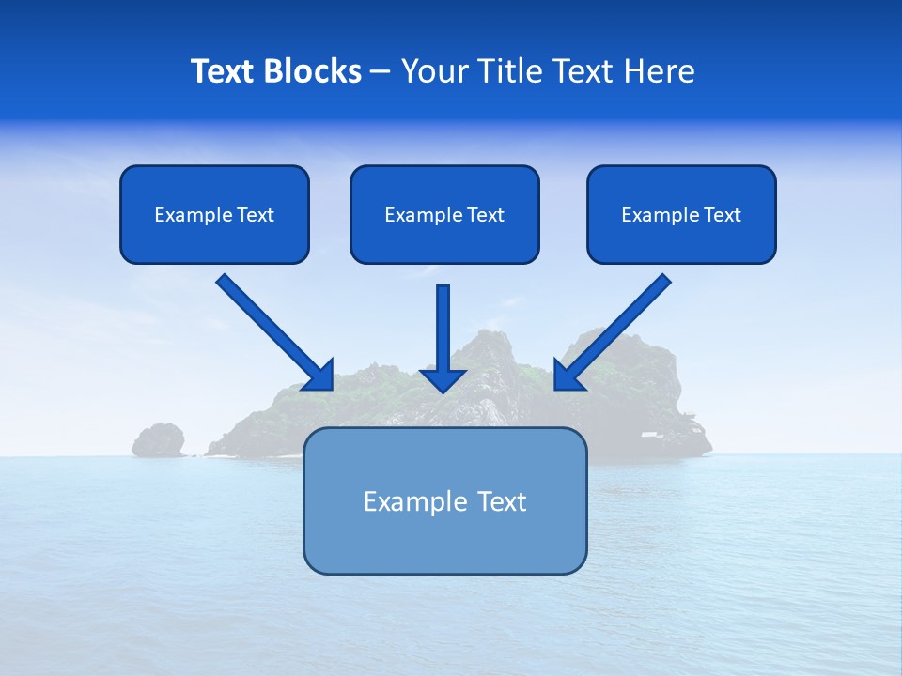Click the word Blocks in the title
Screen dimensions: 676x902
(311, 71)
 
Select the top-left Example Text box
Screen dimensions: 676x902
(214, 214)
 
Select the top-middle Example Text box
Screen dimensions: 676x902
(444, 214)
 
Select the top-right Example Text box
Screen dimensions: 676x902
(681, 214)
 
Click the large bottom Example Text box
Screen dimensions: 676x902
(444, 500)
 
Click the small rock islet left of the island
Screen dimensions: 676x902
(158, 439)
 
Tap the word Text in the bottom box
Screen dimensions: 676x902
(501, 501)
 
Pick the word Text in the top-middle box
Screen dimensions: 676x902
(486, 215)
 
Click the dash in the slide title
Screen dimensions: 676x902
(381, 72)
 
